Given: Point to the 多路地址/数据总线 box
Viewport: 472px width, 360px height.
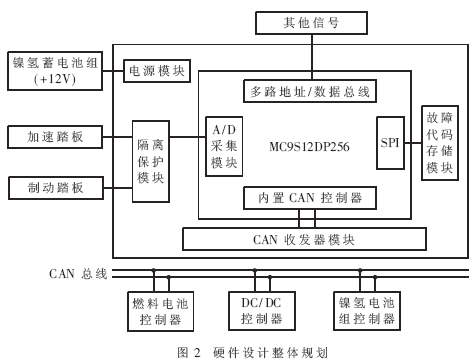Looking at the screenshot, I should [x=309, y=92].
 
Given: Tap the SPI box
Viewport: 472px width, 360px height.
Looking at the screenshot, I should [x=392, y=144].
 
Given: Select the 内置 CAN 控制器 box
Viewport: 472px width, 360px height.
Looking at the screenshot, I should [x=309, y=197].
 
